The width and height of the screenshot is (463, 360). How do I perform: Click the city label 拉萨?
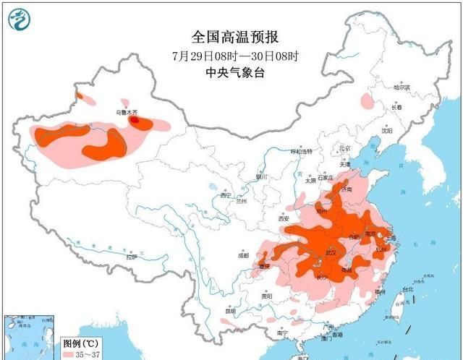[130, 257]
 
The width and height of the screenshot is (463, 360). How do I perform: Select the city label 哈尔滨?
[402, 87]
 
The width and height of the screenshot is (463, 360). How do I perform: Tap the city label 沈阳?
[388, 132]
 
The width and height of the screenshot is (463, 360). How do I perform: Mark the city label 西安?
[283, 218]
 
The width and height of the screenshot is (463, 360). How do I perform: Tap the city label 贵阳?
[267, 296]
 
